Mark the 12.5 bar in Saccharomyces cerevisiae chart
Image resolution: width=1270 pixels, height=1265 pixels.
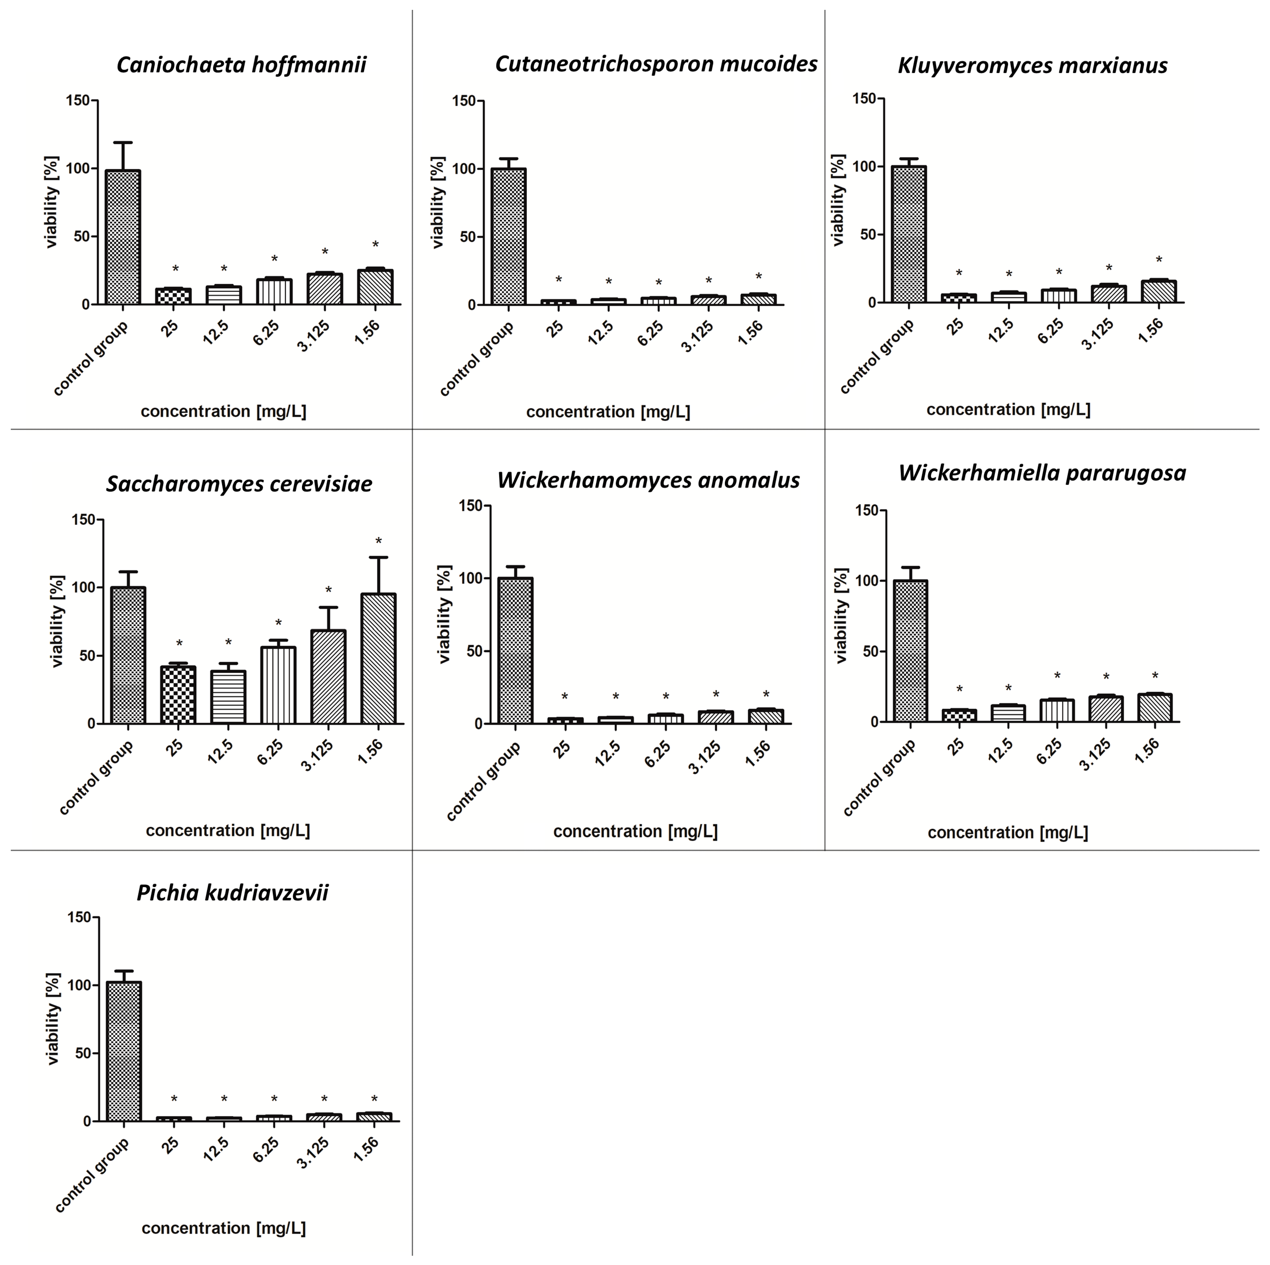pyautogui.click(x=228, y=697)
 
